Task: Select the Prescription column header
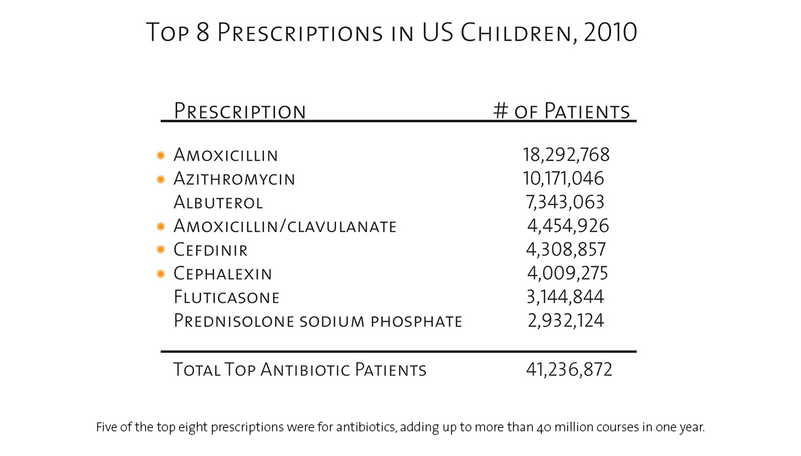[239, 111]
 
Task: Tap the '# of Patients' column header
[562, 111]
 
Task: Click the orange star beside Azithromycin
[161, 180]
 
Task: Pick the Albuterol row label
[218, 203]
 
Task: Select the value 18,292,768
[566, 155]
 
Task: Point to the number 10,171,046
[563, 179]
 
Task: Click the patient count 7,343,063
[566, 202]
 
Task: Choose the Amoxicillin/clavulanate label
[285, 226]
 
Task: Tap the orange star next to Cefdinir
[161, 250]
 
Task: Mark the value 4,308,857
[566, 250]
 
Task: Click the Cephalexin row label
[223, 274]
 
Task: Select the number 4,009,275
[567, 274]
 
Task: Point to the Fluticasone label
[226, 297]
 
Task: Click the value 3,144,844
[566, 297]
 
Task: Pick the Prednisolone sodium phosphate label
[318, 321]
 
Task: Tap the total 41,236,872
[569, 370]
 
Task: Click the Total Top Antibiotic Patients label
[300, 370]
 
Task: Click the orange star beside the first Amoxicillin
[161, 156]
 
